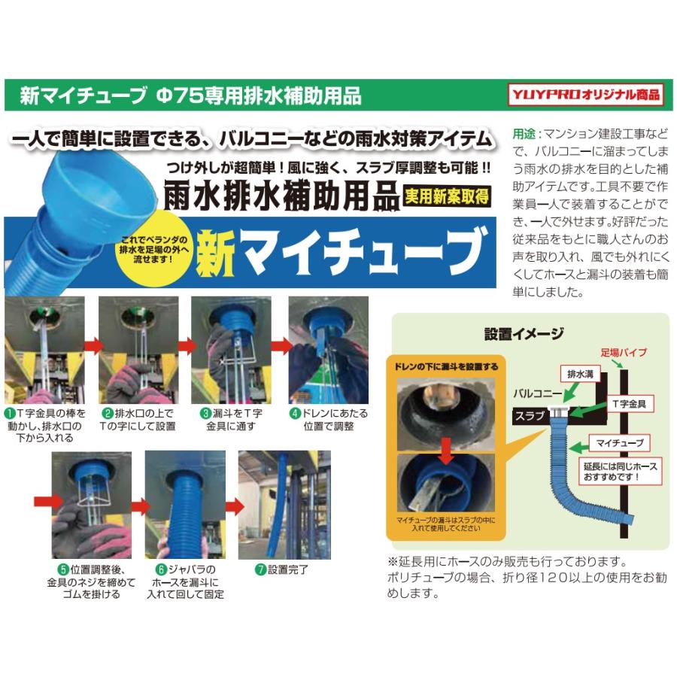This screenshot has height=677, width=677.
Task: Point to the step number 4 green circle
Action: [x=296, y=413]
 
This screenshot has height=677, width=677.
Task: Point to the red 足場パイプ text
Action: [x=624, y=352]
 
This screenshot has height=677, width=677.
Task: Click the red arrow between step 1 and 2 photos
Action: [x=92, y=345]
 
